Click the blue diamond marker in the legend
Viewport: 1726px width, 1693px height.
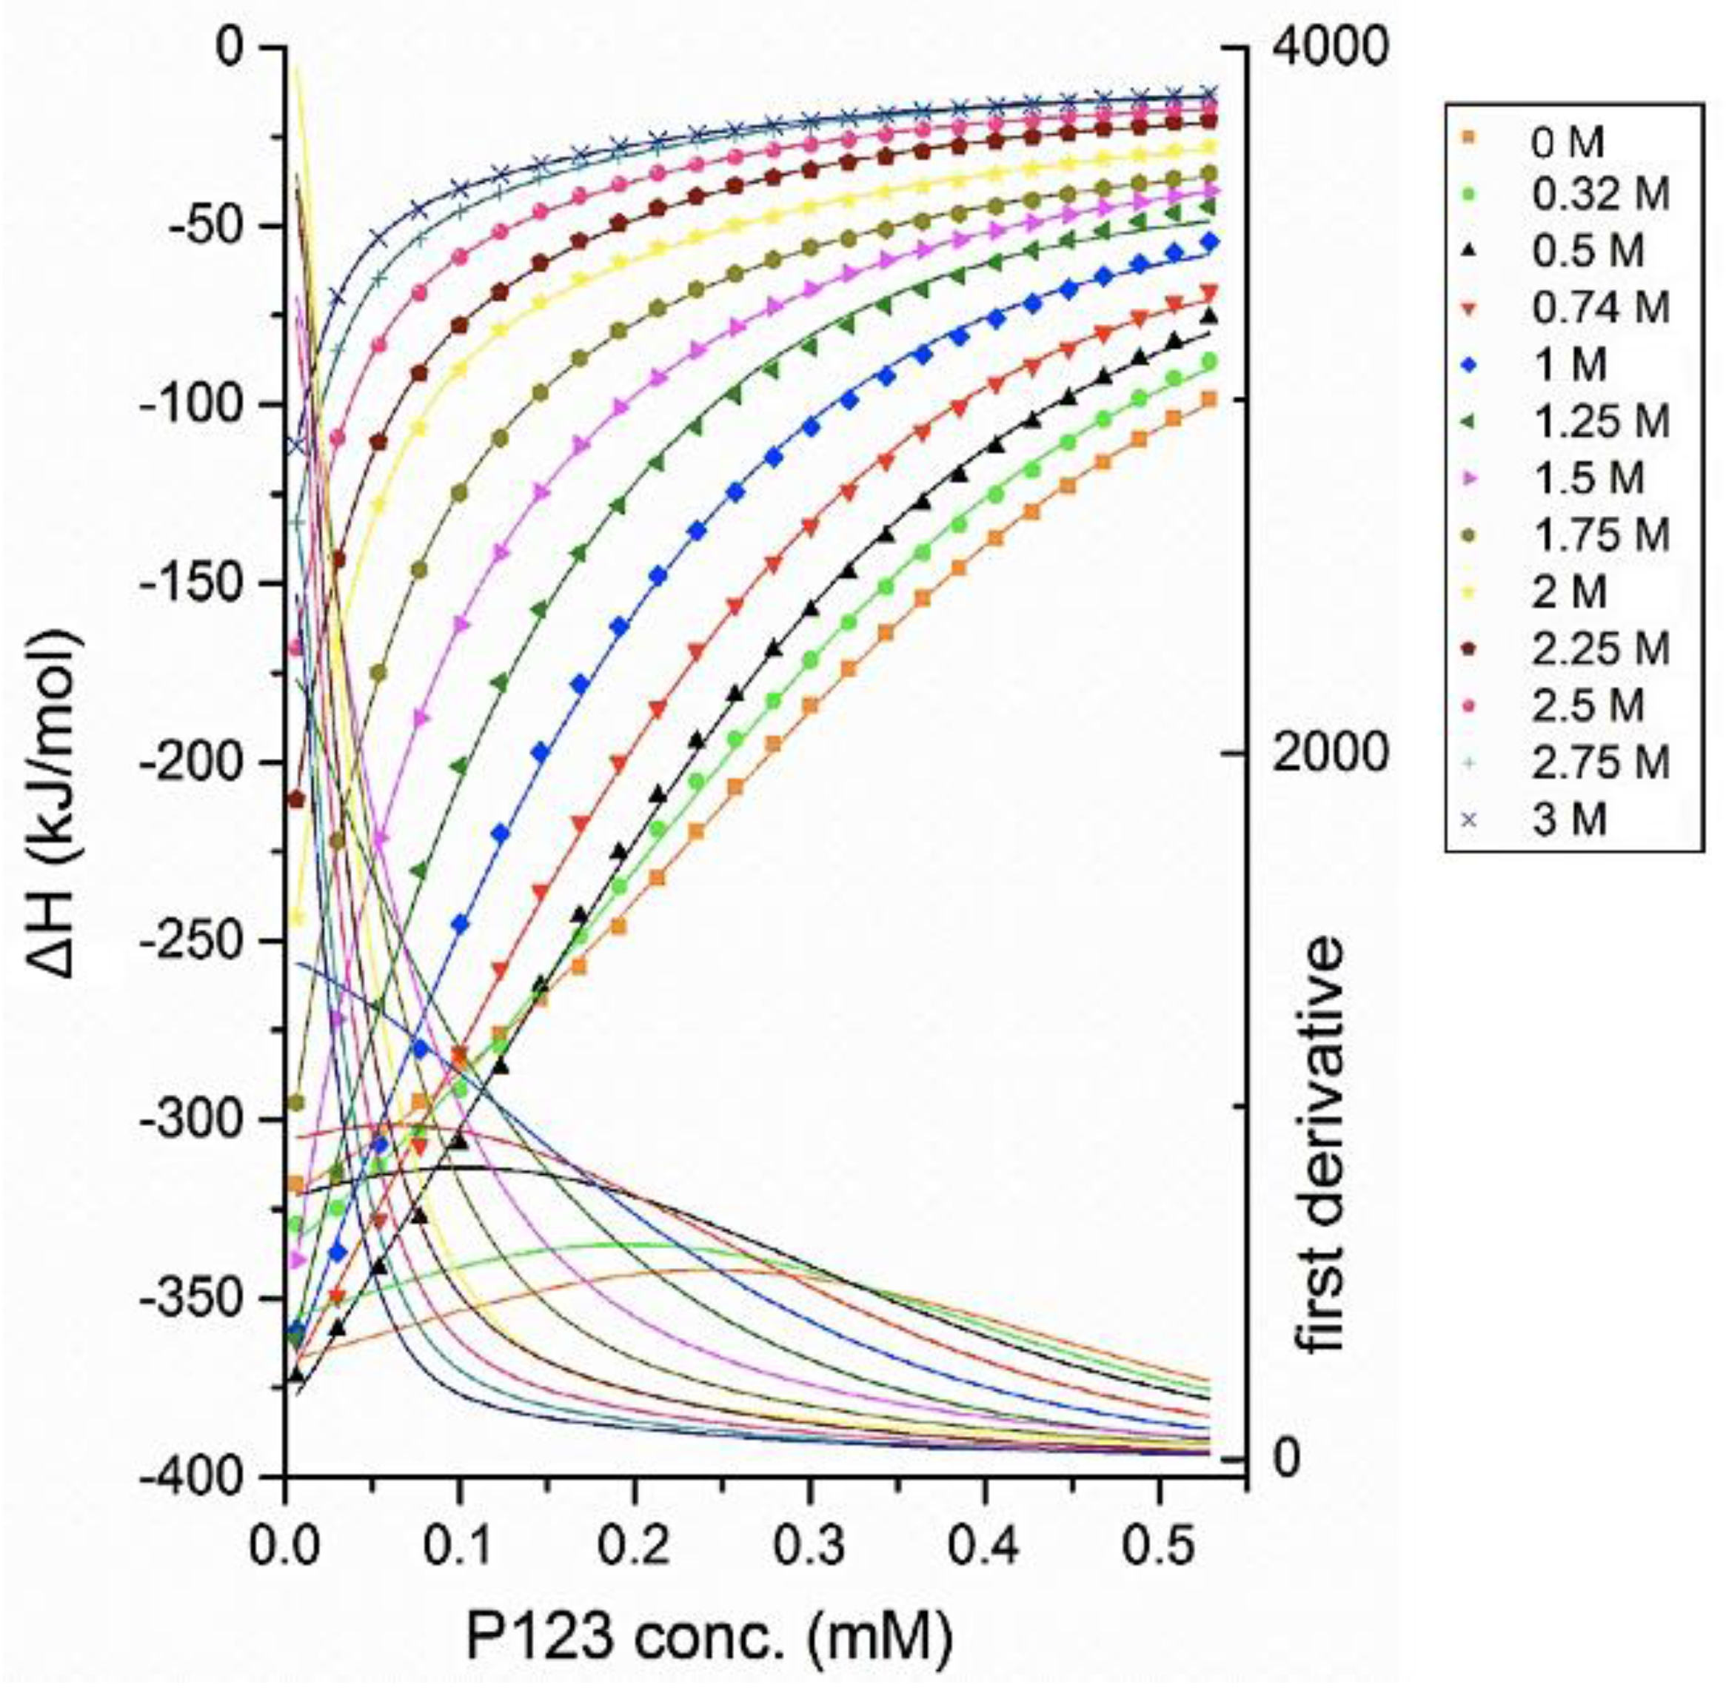1469,364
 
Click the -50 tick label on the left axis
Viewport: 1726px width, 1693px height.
203,225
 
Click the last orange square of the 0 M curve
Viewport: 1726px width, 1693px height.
1208,399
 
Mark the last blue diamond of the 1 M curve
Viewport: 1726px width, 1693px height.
1208,241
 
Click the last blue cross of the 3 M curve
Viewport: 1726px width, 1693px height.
1208,93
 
